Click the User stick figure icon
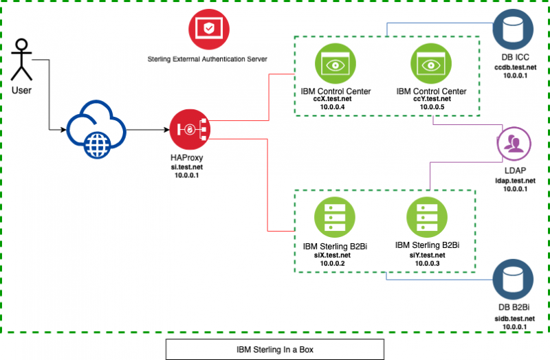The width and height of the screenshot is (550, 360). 21,60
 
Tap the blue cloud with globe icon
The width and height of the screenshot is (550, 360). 96,129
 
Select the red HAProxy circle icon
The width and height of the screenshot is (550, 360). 190,129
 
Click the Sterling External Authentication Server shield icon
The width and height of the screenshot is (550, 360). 209,29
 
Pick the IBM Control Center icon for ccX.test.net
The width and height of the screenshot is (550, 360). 335,64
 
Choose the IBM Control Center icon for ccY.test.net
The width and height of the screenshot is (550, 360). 431,64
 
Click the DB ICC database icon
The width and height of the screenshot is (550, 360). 513,30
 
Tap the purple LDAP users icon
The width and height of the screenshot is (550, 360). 514,144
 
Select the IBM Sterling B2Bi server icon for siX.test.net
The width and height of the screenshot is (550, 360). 335,217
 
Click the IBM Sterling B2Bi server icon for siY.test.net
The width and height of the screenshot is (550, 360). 427,217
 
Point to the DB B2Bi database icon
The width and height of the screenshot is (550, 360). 513,280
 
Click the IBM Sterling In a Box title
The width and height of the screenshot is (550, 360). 274,350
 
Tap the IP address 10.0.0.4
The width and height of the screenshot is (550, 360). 332,107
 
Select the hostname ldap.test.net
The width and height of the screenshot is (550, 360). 515,181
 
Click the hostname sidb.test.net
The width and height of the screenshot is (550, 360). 514,319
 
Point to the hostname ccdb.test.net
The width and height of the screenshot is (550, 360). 515,67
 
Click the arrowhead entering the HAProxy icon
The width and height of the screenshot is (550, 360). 167,130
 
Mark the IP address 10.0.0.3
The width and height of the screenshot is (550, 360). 427,263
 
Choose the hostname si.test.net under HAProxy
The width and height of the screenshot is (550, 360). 186,167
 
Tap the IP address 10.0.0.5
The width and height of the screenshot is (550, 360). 432,107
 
